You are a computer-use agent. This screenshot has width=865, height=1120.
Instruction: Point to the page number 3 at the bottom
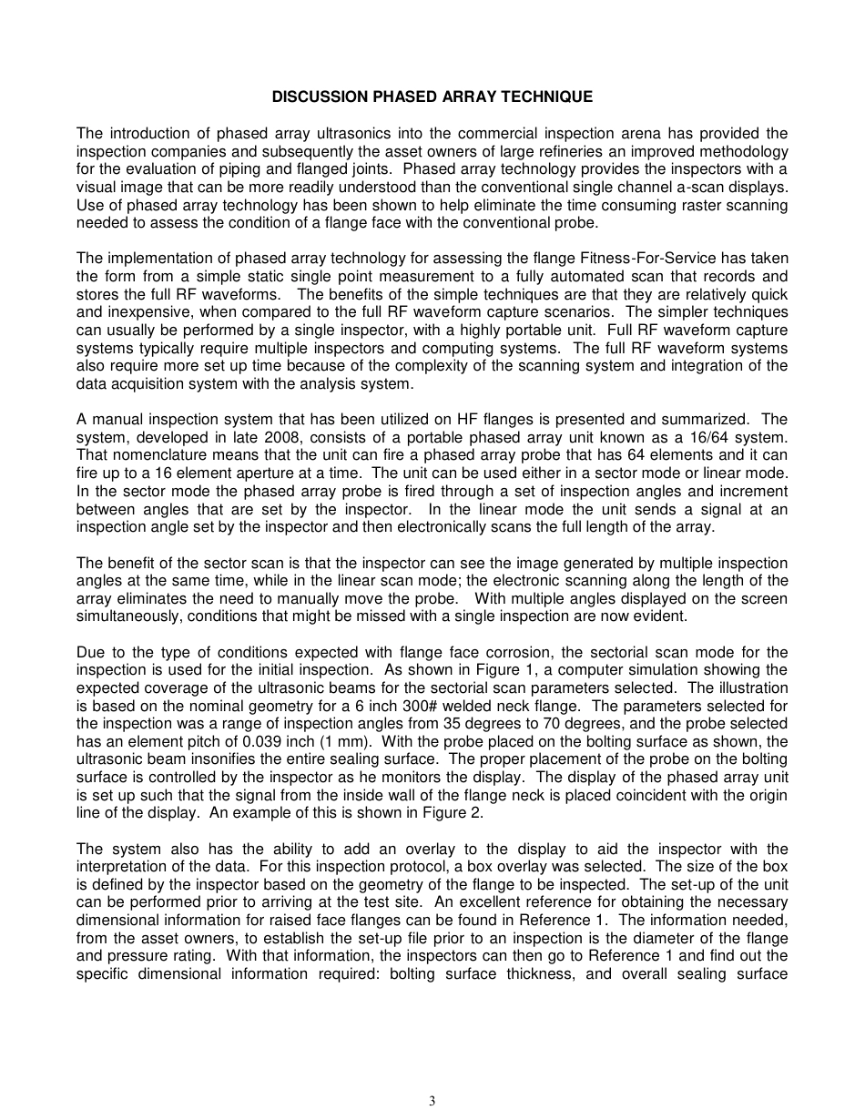[432, 1101]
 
